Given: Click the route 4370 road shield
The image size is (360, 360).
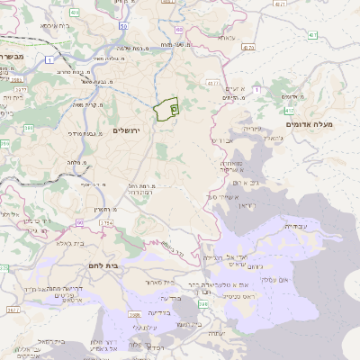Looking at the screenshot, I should pyautogui.click(x=247, y=46).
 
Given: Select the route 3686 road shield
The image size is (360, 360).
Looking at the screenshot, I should pyautogui.click(x=134, y=314).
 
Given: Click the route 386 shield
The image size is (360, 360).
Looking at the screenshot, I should pyautogui.click(x=28, y=129).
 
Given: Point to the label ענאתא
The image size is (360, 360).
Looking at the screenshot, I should pyautogui.click(x=225, y=38).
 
